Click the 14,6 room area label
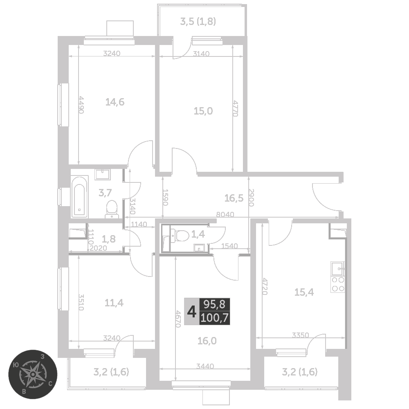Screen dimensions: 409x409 pyautogui.click(x=115, y=102)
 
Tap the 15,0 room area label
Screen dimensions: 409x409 pyautogui.click(x=203, y=111)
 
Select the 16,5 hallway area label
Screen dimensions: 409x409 pyautogui.click(x=234, y=198)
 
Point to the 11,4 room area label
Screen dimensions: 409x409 pyautogui.click(x=114, y=303)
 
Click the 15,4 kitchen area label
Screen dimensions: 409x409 pyautogui.click(x=304, y=292)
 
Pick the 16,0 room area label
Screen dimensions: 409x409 pyautogui.click(x=207, y=341)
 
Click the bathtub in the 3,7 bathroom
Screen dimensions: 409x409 pyautogui.click(x=80, y=197)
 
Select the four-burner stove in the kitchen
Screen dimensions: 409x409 pyautogui.click(x=338, y=285)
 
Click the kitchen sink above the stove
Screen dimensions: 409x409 pyautogui.click(x=338, y=269)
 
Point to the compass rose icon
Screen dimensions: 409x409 pyautogui.click(x=33, y=374)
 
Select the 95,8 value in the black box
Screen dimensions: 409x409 pyautogui.click(x=214, y=304)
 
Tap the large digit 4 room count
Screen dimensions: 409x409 pyautogui.click(x=192, y=312)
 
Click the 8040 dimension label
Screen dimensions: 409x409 pyautogui.click(x=225, y=214)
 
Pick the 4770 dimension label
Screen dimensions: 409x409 pyautogui.click(x=235, y=108)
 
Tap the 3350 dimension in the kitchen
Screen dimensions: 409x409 pyautogui.click(x=301, y=335)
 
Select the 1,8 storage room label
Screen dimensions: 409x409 pyautogui.click(x=108, y=239)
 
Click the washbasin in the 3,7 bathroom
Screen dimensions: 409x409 pyautogui.click(x=103, y=174)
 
